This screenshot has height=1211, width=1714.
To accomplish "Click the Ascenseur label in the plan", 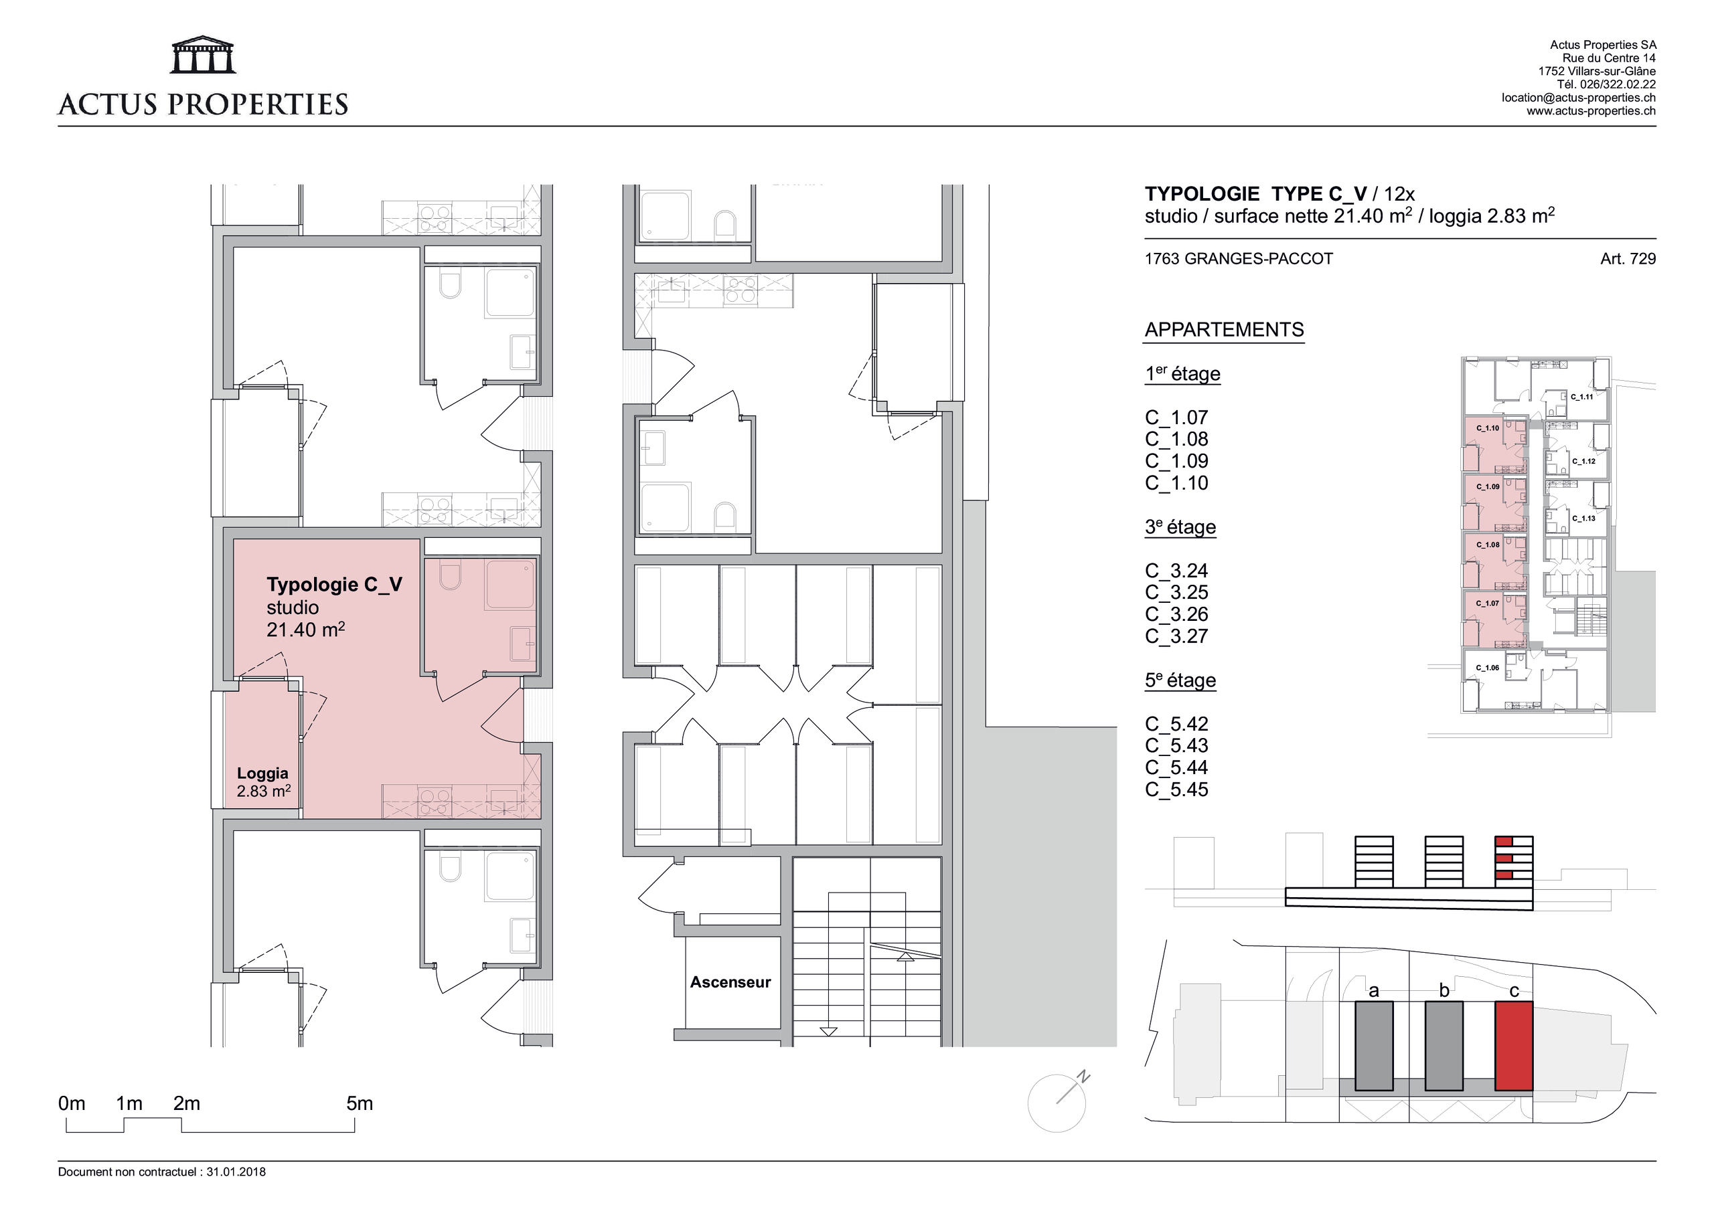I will click(729, 982).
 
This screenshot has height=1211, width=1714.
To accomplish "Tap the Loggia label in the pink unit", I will click(262, 773).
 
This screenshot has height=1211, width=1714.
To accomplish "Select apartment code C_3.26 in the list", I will click(1176, 614).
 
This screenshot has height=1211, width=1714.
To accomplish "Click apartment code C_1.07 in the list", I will click(1176, 418).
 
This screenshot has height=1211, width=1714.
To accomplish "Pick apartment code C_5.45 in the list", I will click(1176, 789).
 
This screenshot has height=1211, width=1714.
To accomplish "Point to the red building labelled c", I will click(1513, 1046).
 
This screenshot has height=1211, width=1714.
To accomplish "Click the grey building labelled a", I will click(1374, 1046).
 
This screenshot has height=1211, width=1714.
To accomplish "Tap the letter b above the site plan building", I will click(1444, 991).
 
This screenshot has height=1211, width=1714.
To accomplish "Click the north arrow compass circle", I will click(1056, 1103).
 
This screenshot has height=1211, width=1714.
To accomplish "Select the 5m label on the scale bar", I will click(359, 1103).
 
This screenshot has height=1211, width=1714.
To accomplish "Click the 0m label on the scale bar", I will click(72, 1103).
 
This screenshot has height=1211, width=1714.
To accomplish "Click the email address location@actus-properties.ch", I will click(1578, 98).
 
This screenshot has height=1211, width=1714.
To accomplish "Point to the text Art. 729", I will click(1628, 259).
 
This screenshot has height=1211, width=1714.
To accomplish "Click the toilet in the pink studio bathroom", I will click(450, 577).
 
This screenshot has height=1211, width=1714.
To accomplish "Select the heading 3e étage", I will click(1180, 527).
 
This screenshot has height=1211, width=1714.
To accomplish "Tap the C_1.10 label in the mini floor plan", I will click(1487, 428).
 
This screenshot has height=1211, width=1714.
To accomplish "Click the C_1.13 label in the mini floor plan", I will click(1583, 518).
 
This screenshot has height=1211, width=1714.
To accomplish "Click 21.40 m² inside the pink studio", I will click(305, 630).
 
